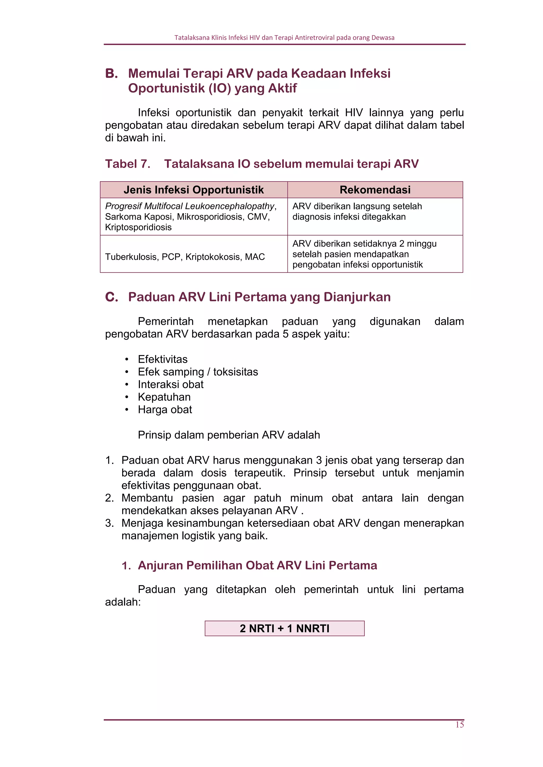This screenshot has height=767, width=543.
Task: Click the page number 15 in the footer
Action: click(459, 724)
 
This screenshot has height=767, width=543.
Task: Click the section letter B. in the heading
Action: click(111, 73)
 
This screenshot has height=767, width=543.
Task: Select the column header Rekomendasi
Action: click(375, 190)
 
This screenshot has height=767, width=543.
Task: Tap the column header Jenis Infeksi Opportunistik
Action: click(194, 190)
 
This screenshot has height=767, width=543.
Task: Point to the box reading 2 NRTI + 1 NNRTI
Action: click(284, 628)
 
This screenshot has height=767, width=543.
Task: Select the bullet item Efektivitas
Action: click(163, 359)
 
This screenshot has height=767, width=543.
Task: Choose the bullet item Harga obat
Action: click(165, 410)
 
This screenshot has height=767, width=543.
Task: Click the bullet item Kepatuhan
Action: click(164, 397)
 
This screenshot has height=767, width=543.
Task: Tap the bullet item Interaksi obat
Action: click(170, 384)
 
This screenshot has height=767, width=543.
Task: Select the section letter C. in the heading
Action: click(111, 297)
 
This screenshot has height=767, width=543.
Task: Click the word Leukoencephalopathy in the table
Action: click(229, 206)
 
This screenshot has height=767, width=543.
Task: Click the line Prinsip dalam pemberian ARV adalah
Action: click(229, 435)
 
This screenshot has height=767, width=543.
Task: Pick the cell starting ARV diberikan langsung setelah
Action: click(357, 211)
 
